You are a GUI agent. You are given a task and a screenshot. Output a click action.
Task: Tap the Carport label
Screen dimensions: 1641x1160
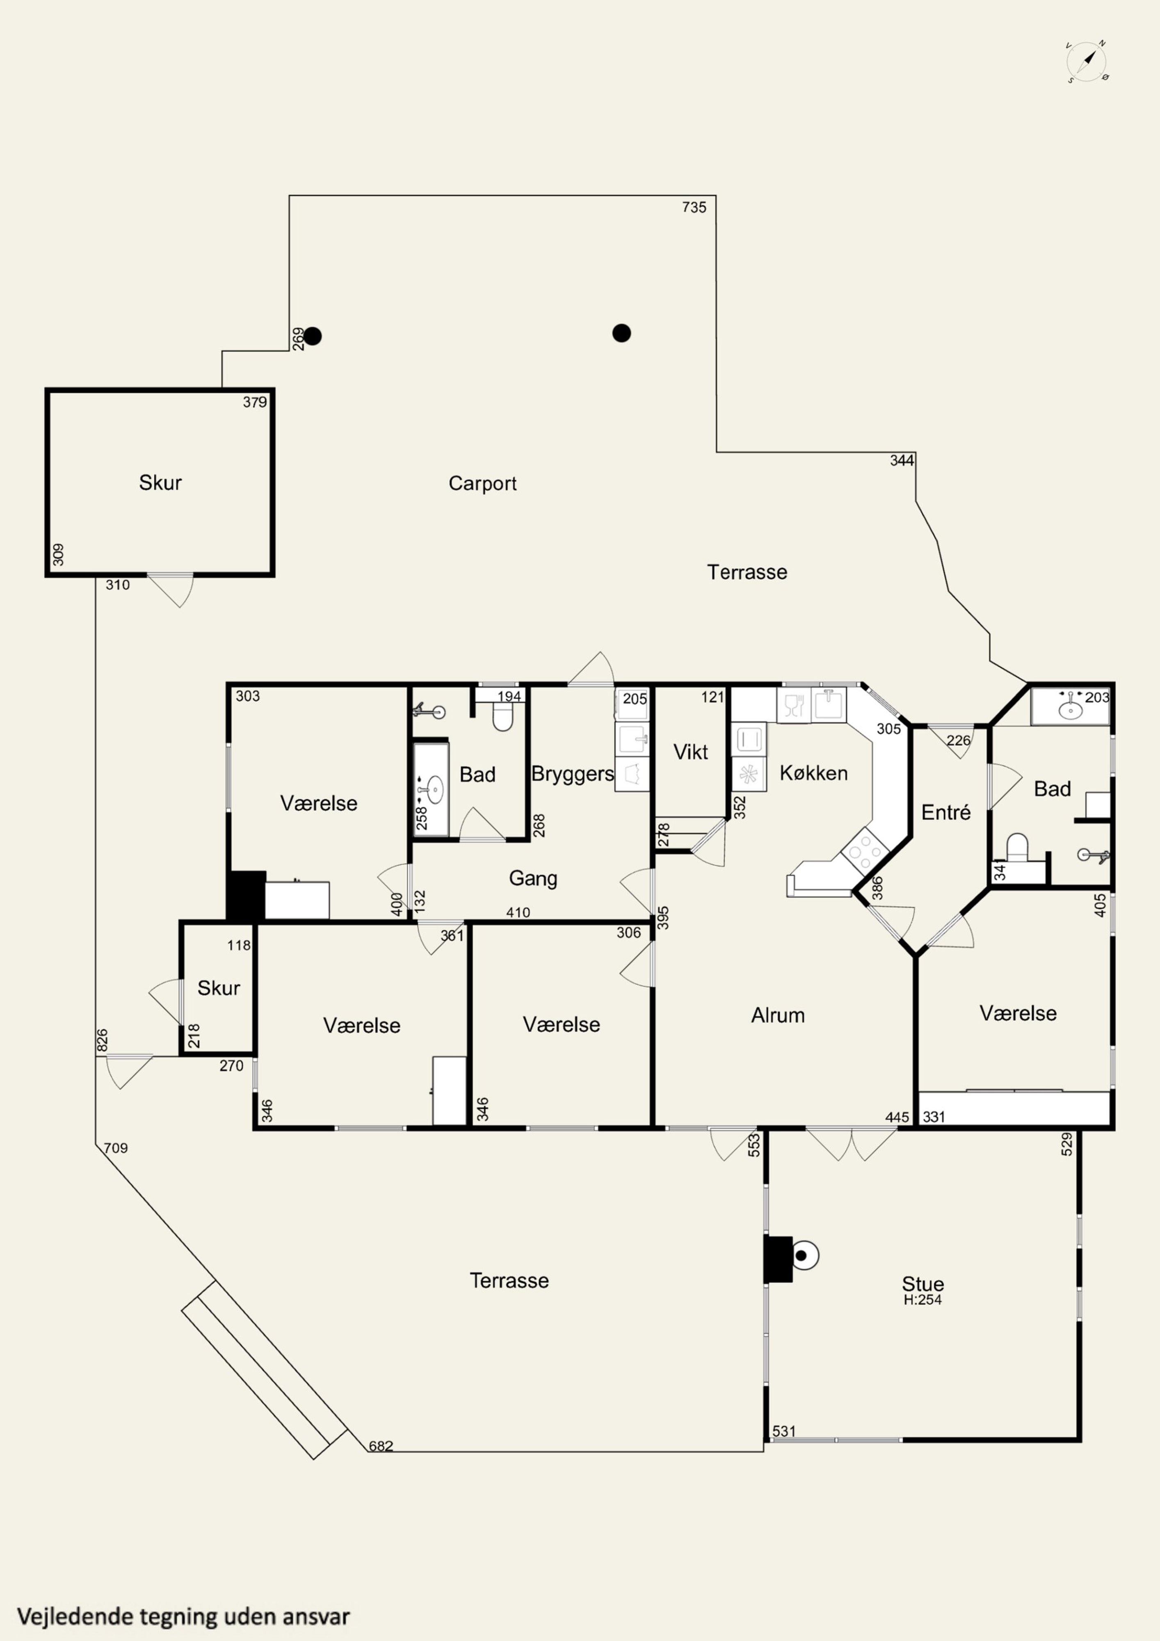tap(482, 484)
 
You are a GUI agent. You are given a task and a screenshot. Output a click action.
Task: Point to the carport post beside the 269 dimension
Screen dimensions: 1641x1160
tap(312, 336)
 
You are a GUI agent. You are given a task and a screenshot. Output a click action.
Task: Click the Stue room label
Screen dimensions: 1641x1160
tap(923, 1284)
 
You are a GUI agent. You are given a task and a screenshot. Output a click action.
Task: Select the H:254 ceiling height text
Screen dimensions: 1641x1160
tap(923, 1300)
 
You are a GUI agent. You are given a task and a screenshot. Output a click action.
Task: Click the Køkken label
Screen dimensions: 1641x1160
tap(813, 773)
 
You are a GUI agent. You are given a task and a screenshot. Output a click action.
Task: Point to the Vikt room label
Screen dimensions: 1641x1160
tap(690, 752)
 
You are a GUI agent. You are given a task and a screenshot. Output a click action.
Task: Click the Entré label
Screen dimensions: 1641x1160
tap(945, 813)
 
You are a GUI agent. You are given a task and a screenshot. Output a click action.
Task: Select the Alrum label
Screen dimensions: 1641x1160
tap(778, 1016)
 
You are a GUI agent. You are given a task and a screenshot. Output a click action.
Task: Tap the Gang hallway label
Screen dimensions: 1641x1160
tap(532, 878)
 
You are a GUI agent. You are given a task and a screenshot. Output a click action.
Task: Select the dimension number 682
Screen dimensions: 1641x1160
tap(381, 1446)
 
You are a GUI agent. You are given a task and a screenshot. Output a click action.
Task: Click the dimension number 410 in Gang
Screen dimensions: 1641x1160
tap(518, 913)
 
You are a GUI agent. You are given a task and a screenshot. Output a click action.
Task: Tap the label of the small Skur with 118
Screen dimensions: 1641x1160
tap(218, 988)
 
